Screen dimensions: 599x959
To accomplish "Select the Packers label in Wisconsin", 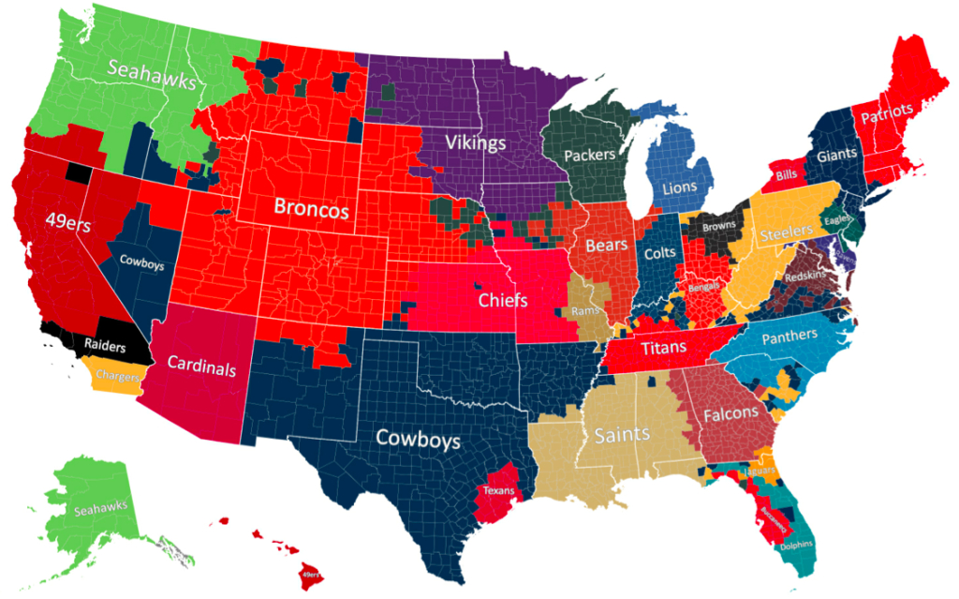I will coord(590,153).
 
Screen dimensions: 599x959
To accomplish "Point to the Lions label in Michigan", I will coord(680,187).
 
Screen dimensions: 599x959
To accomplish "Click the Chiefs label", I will coord(503,301).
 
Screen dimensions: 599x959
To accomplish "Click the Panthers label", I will coord(789,337).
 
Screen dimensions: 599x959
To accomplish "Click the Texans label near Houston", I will coord(497,490).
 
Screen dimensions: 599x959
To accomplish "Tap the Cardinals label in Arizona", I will coord(200,368).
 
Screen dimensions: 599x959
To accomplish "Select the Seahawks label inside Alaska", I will coord(100,507).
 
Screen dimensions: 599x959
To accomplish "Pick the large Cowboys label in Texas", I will coord(418,438).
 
